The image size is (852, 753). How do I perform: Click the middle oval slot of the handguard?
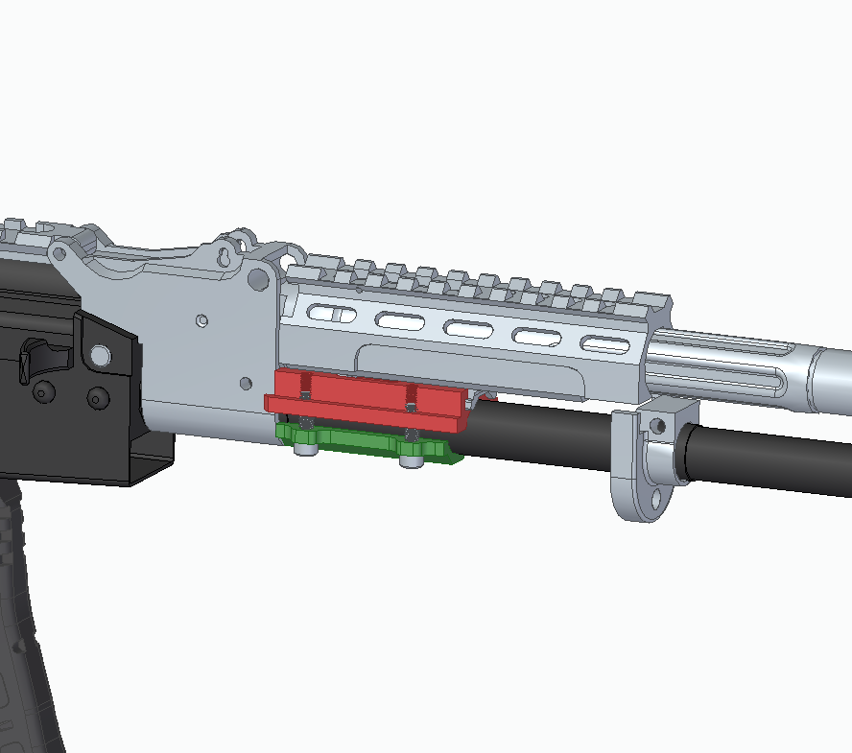click(x=467, y=329)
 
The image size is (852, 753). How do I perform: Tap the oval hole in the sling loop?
click(x=655, y=499)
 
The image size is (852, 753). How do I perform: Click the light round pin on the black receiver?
click(x=97, y=357)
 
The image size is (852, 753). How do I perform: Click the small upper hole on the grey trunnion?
click(x=201, y=319)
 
